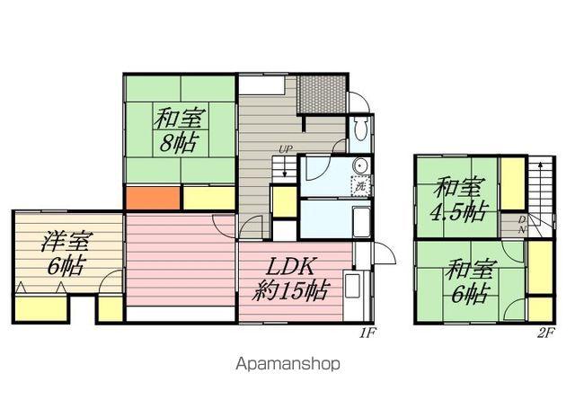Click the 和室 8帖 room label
pos(178,130)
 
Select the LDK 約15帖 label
pos(289,279)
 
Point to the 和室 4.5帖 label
pos(458,200)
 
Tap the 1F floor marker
pos(367,333)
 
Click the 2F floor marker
pos(546,333)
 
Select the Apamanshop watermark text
pos(287,364)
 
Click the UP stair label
pos(286,149)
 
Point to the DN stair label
pos(522,225)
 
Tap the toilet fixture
pos(360,129)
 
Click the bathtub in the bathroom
pos(361,222)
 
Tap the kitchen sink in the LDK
pos(352,285)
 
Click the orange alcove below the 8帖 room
pos(153,198)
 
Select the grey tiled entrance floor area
pos(321,94)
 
